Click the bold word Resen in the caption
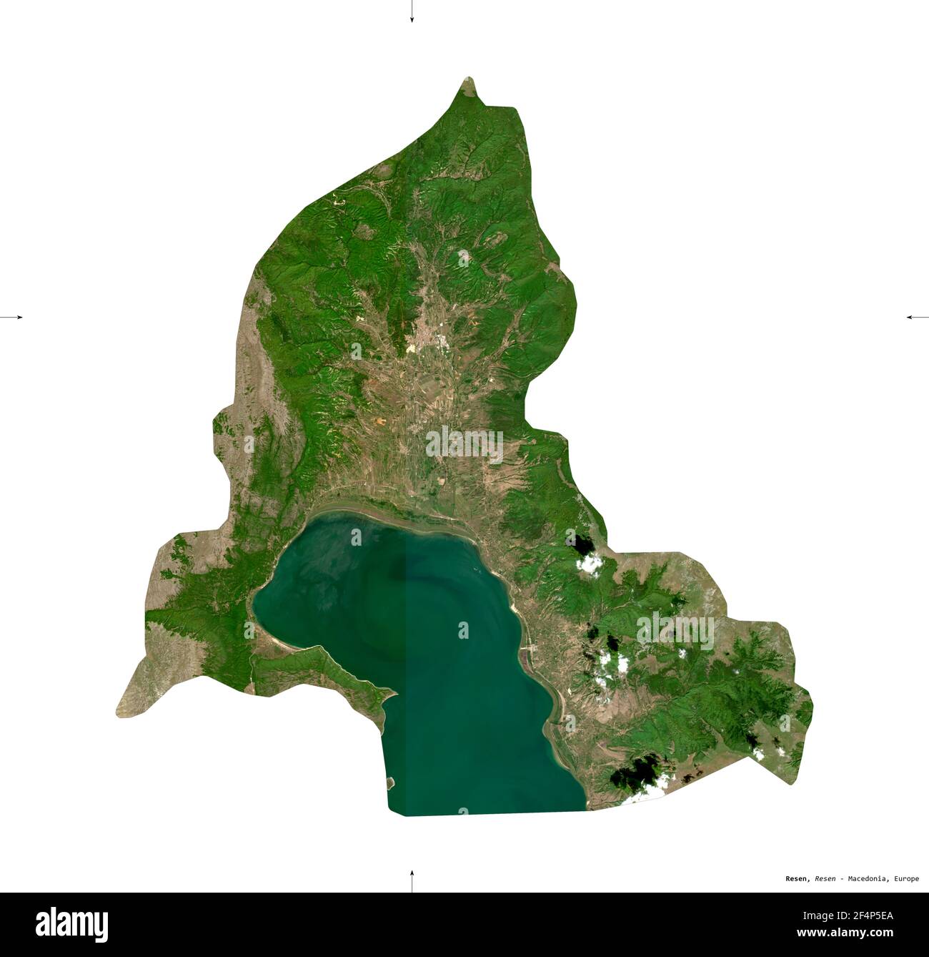click(x=794, y=878)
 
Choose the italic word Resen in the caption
click(x=826, y=878)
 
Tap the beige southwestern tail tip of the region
click(x=119, y=712)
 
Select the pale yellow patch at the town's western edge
click(x=412, y=348)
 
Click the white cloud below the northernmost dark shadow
click(x=590, y=564)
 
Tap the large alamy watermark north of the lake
click(x=464, y=444)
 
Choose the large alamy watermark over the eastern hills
click(x=675, y=629)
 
